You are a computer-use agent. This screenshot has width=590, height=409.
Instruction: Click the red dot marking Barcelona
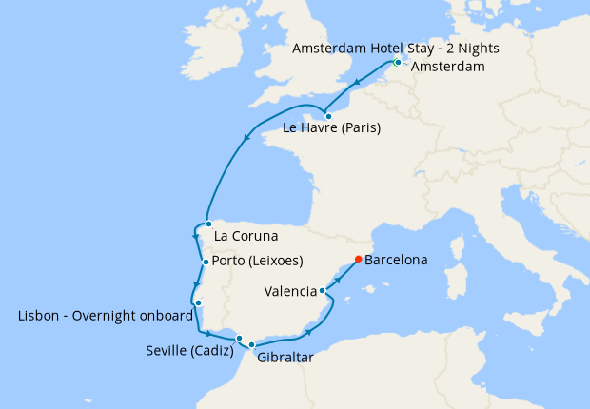(358, 259)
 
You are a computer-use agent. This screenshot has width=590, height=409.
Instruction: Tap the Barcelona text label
(396, 259)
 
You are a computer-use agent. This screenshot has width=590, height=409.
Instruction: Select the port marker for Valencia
(323, 291)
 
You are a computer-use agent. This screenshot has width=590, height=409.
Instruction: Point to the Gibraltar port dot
(252, 345)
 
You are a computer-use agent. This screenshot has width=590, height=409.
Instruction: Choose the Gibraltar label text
(285, 359)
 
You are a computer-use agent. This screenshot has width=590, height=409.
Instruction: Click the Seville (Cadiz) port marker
(240, 338)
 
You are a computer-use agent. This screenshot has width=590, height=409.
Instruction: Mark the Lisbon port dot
(198, 303)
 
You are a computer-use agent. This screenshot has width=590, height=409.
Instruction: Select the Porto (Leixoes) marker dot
(205, 262)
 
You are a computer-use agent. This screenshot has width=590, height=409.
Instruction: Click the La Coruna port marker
(208, 224)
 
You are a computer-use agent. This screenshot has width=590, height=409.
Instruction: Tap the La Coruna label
(246, 236)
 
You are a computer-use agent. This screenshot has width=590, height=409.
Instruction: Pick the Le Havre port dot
(328, 116)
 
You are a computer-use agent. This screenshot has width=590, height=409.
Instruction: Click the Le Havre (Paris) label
(332, 128)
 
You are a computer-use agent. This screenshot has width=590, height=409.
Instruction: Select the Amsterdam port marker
(397, 63)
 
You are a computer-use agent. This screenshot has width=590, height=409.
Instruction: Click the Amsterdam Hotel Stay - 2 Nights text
(396, 48)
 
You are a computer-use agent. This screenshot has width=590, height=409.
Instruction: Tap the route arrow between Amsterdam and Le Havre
(357, 84)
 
